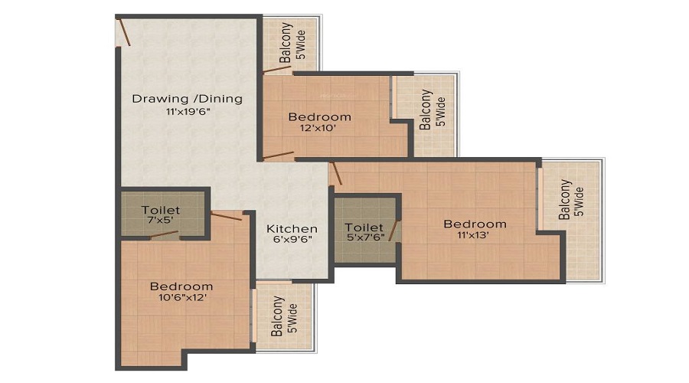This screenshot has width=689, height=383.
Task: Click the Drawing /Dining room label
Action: tap(188, 99)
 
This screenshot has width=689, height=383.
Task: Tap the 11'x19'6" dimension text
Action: tap(188, 112)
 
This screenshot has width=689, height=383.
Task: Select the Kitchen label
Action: tap(292, 229)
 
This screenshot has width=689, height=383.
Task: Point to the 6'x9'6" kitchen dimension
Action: tap(292, 240)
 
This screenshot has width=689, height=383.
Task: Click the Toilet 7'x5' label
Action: tap(161, 214)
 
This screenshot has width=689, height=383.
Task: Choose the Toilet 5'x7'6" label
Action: tap(364, 232)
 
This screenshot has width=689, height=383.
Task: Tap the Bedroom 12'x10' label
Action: tap(319, 122)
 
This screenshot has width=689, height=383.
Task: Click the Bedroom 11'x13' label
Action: tap(475, 229)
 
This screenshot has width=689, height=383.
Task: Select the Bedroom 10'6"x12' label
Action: tap(181, 292)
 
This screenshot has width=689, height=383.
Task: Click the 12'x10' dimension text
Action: tap(318, 129)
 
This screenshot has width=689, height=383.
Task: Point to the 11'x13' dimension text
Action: tap(473, 235)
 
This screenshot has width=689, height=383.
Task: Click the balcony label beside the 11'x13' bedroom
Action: tap(571, 199)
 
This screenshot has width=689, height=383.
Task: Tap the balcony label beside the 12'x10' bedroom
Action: tap(432, 110)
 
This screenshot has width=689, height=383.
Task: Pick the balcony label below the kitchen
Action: tap(283, 316)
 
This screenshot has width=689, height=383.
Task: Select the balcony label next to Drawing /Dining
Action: tap(292, 42)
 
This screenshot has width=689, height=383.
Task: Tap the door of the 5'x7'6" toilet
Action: tap(393, 231)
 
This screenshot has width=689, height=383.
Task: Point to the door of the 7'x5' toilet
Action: tap(165, 234)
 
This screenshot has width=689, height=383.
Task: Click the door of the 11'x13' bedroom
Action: tap(336, 173)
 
